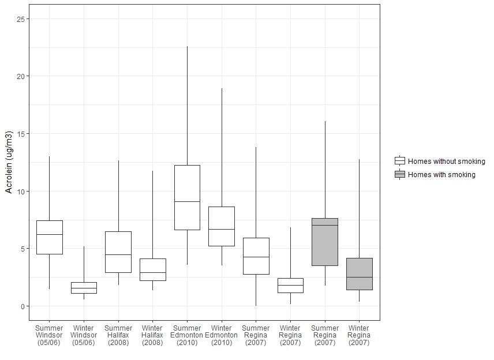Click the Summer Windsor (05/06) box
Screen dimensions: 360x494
pos(49,237)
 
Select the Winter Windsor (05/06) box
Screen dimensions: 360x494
pos(84,287)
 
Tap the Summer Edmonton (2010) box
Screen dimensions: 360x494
pos(187,197)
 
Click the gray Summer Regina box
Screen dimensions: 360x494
pos(325,242)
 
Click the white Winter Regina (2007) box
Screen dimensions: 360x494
pos(290,285)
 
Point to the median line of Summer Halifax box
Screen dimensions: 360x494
pos(118,254)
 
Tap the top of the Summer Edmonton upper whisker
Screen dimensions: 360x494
pos(187,47)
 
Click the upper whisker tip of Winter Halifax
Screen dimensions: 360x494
pos(152,171)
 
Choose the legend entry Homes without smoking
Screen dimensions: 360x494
pos(446,162)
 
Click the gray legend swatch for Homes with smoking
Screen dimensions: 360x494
pos(400,174)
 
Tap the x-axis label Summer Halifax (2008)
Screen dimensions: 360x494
pos(118,335)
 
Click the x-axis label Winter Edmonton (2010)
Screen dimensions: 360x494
pos(222,335)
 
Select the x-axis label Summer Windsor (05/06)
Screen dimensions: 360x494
pos(49,335)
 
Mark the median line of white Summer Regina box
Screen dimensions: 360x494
pos(256,257)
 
